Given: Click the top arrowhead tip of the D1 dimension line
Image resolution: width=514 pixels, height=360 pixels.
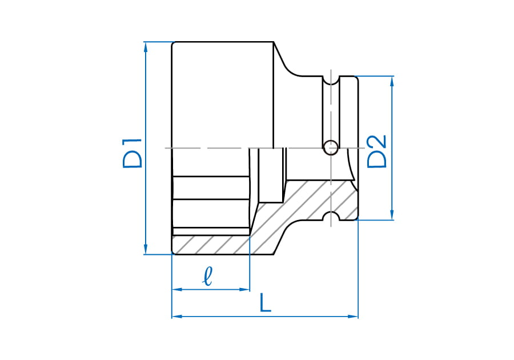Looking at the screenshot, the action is coord(146,42).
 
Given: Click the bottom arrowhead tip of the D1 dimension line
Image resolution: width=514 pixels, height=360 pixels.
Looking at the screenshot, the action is coord(146,254).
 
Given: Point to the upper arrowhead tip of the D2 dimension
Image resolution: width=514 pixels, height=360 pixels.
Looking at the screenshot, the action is coord(391,77).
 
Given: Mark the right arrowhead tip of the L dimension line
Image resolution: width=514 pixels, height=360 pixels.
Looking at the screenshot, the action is coord(358,317).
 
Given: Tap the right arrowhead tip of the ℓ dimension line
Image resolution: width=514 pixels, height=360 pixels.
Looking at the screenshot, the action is coord(250,290).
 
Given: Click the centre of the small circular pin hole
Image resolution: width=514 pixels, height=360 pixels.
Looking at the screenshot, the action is coord(331,147).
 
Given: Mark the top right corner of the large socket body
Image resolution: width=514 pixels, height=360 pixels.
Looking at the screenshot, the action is coord(274,42).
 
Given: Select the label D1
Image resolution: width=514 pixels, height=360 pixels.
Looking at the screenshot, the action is coord(132,153).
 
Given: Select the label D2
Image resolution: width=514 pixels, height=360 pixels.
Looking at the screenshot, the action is coord(377,151).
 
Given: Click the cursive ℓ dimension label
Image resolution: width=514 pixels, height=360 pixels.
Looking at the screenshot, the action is coord(208,276).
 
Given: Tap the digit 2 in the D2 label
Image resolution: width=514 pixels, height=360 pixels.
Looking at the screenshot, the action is coord(377,142).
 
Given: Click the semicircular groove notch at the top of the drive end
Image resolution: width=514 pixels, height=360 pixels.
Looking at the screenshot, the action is coord(331,81).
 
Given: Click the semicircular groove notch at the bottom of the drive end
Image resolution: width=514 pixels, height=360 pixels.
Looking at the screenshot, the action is coord(331,216).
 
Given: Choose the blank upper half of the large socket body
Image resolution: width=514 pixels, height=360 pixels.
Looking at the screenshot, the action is coord(223,95).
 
